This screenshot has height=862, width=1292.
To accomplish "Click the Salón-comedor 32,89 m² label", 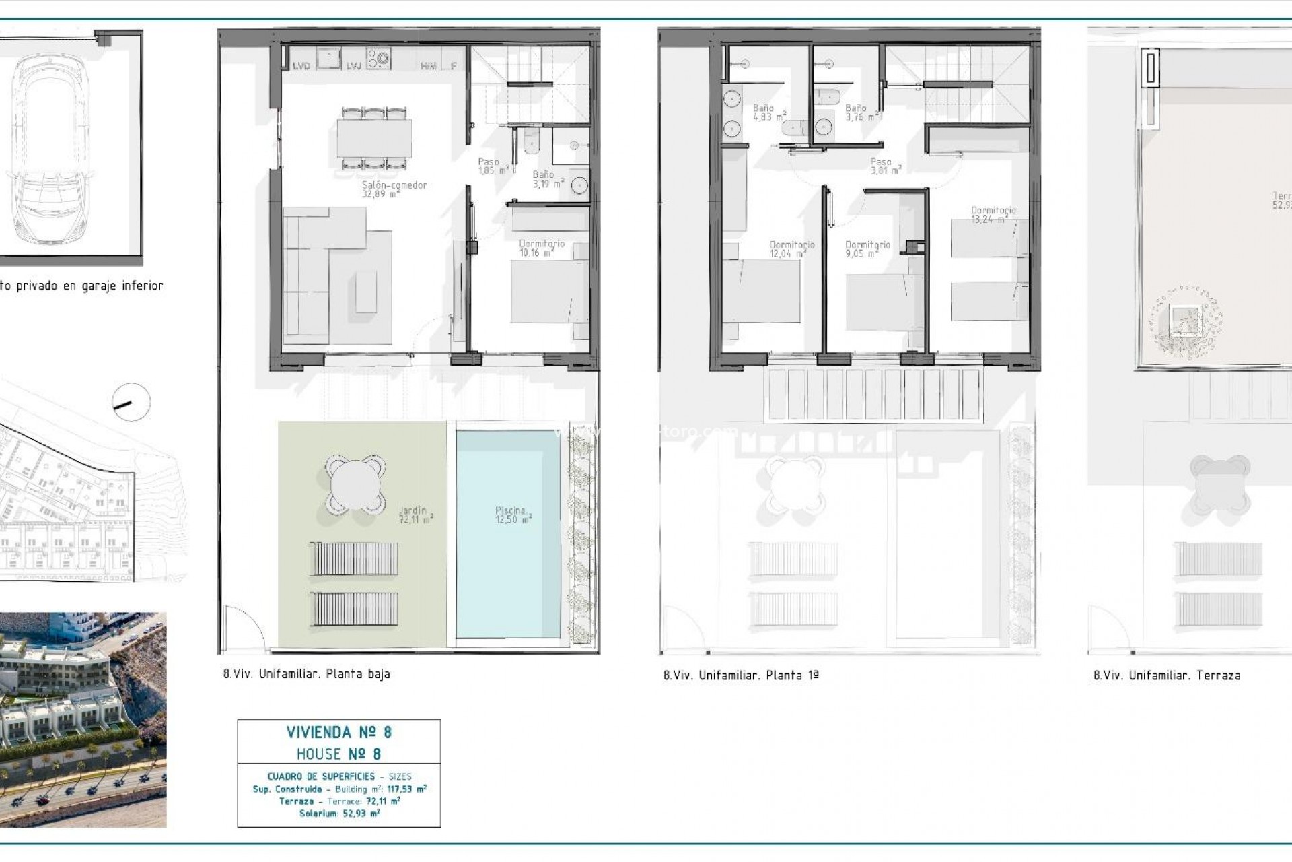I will [x=394, y=189].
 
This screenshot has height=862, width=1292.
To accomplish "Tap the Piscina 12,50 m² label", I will [x=513, y=515].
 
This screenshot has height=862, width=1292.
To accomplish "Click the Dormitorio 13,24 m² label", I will [x=993, y=215].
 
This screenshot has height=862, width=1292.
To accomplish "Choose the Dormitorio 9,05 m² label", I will [x=867, y=249].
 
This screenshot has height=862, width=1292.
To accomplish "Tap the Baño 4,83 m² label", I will [x=766, y=112].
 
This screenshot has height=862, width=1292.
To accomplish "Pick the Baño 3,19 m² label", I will [x=546, y=179].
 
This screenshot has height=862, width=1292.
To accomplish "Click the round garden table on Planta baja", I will [x=355, y=484].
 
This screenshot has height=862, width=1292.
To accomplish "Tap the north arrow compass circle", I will [x=131, y=403].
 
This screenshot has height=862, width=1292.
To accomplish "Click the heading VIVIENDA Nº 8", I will [x=338, y=732].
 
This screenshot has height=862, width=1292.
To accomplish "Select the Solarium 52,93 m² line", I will [x=339, y=814].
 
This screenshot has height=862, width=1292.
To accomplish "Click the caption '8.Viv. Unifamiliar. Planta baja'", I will [x=307, y=673].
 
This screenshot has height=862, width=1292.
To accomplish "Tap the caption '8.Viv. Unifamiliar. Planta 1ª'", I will [x=741, y=675].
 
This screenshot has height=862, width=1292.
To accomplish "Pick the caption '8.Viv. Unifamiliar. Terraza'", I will [x=1167, y=675].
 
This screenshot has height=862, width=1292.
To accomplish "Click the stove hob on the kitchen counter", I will [x=379, y=58].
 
